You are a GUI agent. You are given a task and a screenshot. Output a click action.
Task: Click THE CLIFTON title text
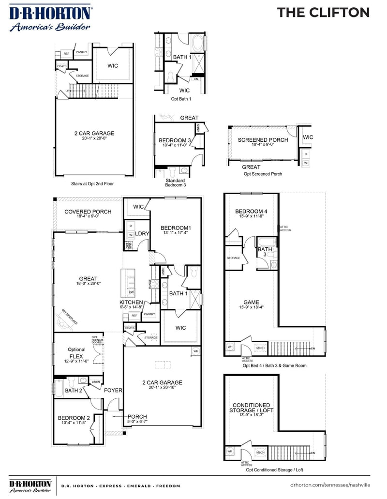[x=323, y=13]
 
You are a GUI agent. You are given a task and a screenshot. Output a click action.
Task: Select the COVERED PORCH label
[x=88, y=212]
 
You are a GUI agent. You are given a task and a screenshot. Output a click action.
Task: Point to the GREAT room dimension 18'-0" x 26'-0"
[x=88, y=284]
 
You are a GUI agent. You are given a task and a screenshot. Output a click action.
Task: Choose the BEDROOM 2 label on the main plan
[x=74, y=418]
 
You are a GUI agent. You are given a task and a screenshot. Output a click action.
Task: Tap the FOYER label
[x=113, y=390]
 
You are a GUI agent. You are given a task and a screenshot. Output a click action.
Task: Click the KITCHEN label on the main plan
[x=131, y=302]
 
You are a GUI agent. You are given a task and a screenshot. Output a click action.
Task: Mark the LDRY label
[x=142, y=234]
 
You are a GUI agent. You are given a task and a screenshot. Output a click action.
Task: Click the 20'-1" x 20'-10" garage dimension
[x=162, y=388]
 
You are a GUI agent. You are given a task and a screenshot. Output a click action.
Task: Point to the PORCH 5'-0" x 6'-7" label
[x=137, y=419]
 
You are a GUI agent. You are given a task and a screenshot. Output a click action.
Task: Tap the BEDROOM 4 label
[x=251, y=211]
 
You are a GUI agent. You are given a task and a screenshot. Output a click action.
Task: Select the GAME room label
[x=251, y=302]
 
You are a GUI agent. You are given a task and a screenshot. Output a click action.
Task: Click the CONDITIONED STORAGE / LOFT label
[x=251, y=408]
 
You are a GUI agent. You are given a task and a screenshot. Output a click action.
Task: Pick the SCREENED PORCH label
[x=263, y=140]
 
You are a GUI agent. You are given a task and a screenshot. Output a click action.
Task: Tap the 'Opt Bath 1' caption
[x=181, y=99]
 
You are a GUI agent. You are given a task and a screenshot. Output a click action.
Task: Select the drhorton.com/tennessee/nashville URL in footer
[x=330, y=484]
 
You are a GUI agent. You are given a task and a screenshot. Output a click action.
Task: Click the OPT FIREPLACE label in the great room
[x=69, y=316]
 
